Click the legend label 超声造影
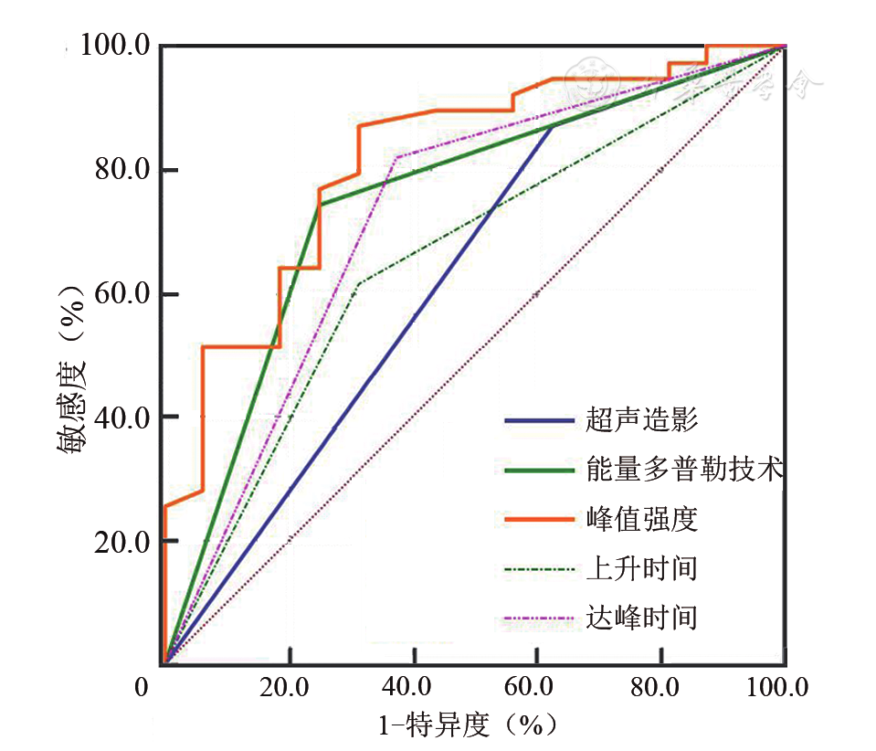642,421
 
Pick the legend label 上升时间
642,569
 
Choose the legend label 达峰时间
642,619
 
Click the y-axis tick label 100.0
115,45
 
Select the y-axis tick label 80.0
122,170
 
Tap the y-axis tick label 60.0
122,294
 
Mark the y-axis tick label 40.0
122,418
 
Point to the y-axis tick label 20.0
122,542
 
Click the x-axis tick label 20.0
290,688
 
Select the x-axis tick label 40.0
414,688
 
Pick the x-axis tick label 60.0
538,688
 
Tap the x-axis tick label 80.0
662,688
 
